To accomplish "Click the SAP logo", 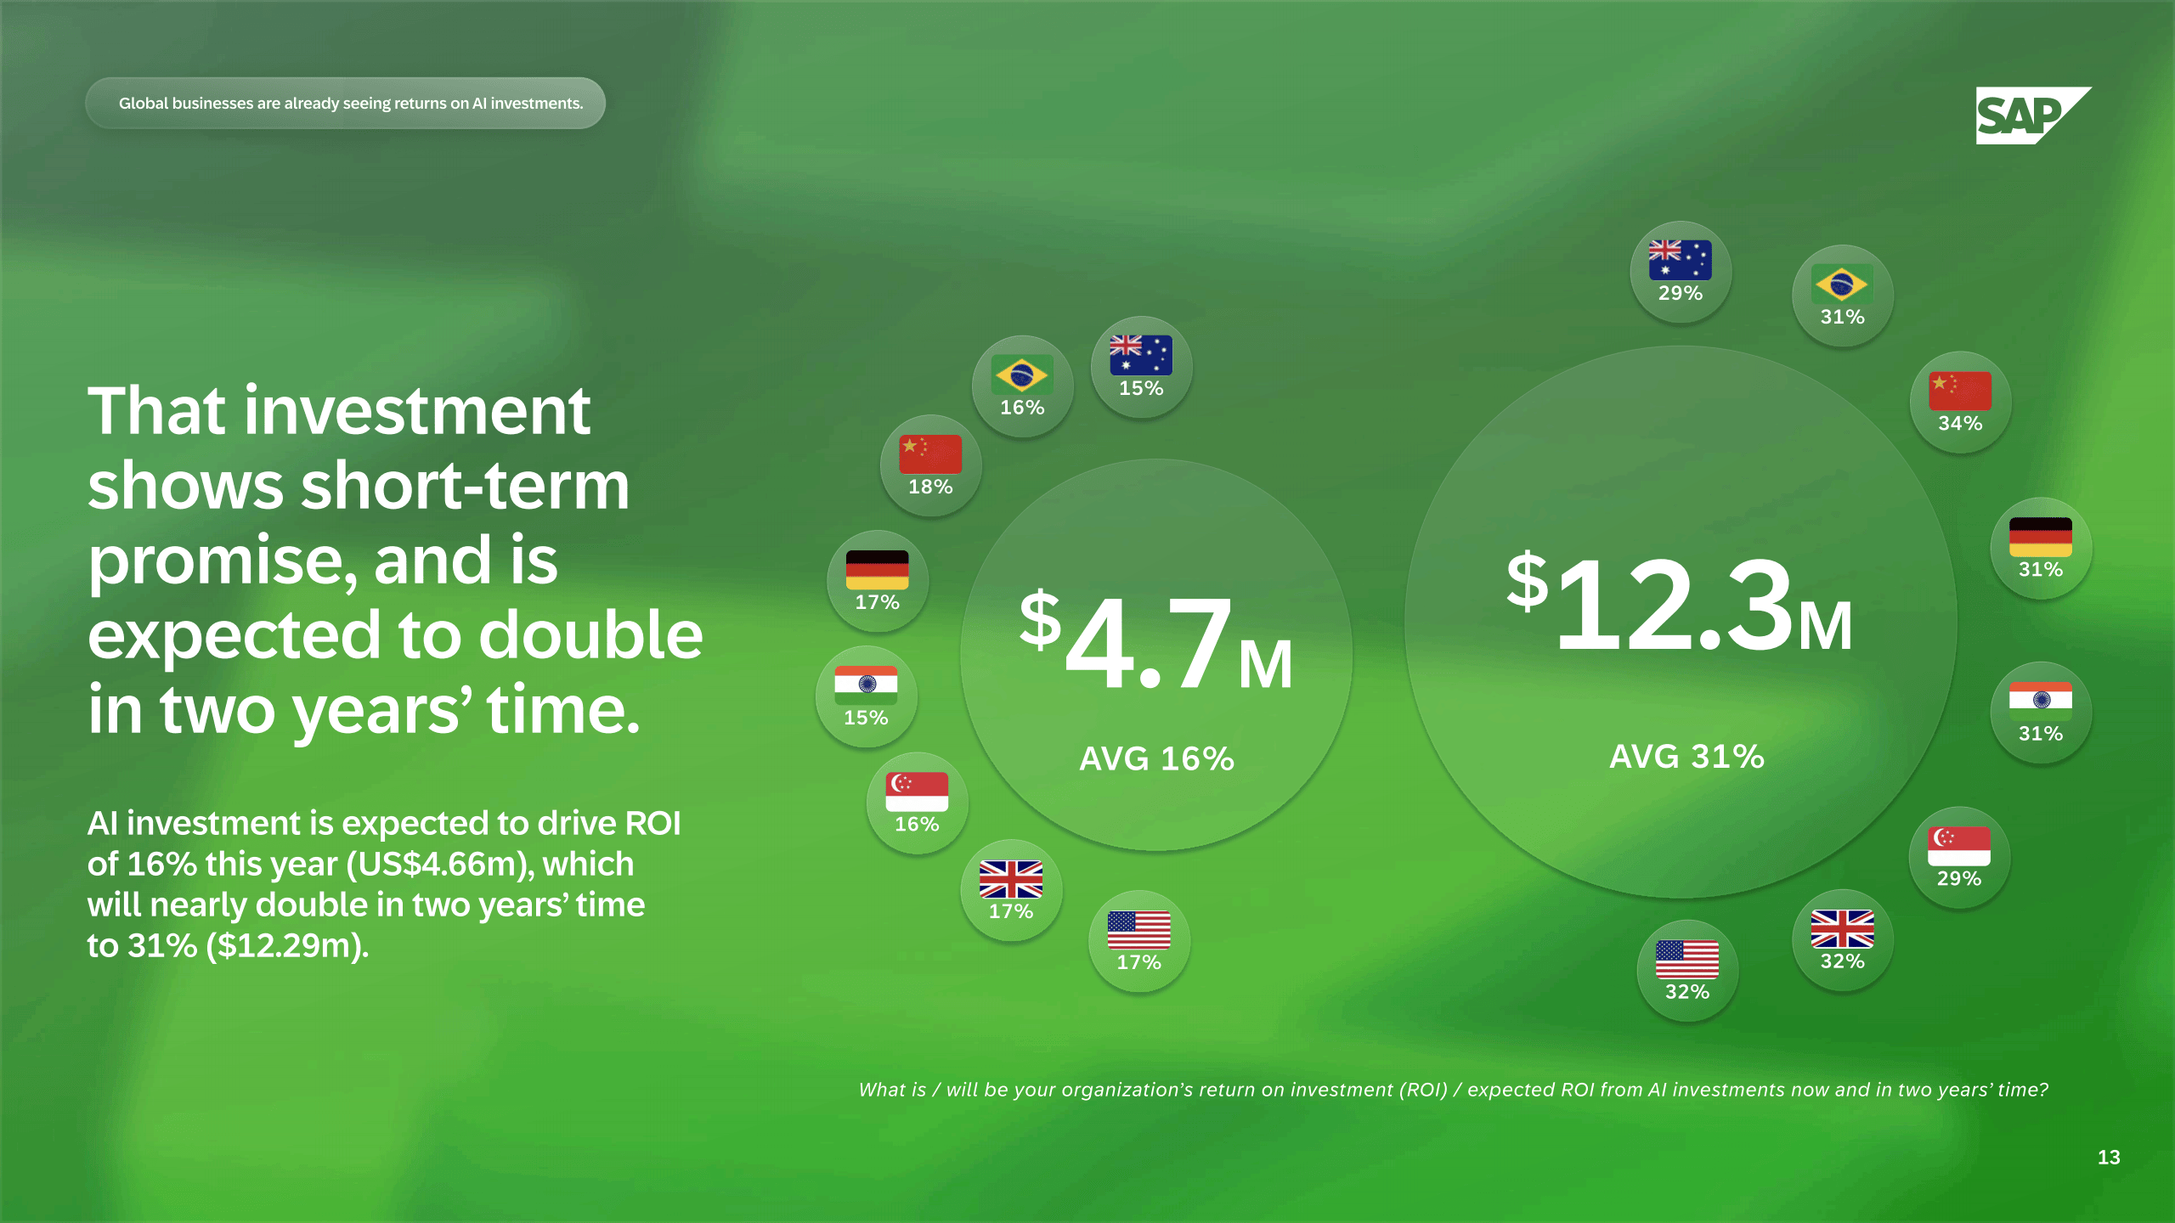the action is (2033, 116).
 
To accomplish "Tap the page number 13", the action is (2109, 1158).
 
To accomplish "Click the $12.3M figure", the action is (1680, 603).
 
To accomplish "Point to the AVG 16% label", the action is (1156, 758).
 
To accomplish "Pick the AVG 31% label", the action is (1687, 756).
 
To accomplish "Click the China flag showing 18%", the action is (930, 454).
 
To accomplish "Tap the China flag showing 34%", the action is (1960, 391).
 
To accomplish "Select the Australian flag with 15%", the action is (1141, 355).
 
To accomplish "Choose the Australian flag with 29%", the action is (1681, 261).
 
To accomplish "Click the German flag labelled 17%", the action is (878, 570).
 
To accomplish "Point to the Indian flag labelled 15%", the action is (866, 685).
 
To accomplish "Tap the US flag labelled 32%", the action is (1687, 960).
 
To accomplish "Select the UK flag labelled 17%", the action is (1011, 879).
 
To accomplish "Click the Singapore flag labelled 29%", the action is (1959, 847).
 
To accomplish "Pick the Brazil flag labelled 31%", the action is (1842, 285).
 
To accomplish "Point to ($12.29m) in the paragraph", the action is (287, 945).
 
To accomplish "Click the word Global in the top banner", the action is (144, 103).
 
